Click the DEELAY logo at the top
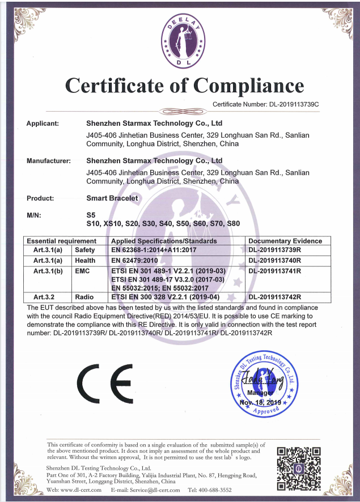point(180,39)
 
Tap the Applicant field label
point(47,122)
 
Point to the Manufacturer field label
point(49,161)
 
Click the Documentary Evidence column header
point(285,241)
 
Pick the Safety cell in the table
point(86,250)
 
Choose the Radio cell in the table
point(84,297)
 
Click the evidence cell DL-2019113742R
point(274,297)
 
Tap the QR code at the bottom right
point(299,467)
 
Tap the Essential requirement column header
point(57,241)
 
